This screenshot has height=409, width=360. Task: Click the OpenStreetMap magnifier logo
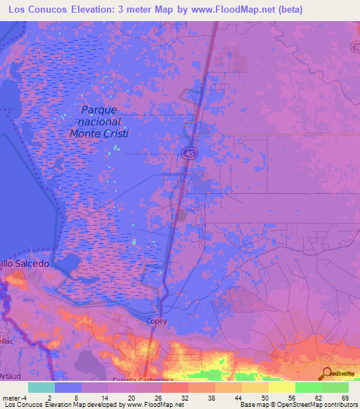[325, 373]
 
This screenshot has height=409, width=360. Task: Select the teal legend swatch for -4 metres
[41, 387]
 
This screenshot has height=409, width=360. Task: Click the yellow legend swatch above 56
[281, 387]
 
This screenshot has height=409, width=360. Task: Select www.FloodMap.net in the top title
[250, 10]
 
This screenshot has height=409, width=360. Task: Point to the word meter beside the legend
[12, 397]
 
